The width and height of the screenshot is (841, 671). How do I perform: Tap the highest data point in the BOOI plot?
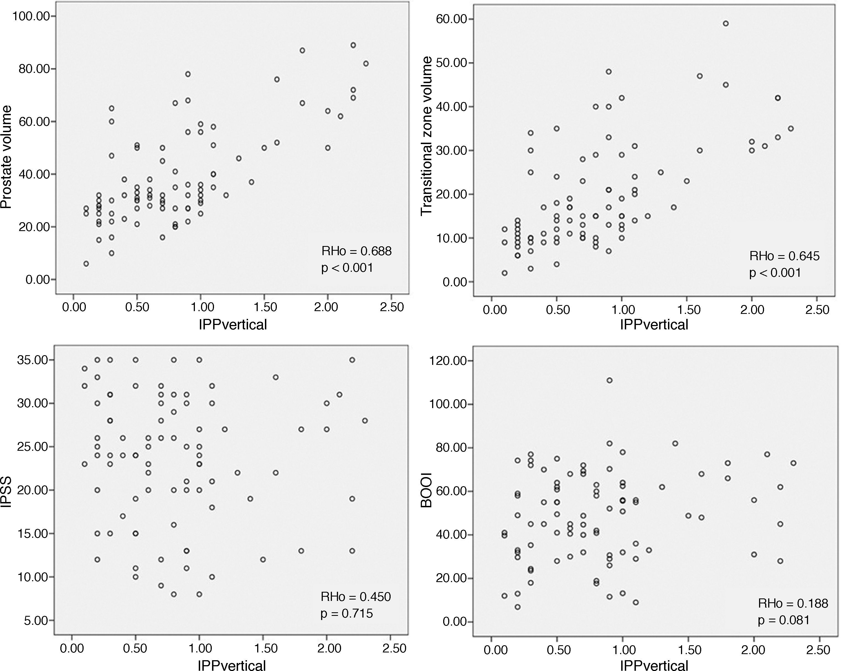click(609, 380)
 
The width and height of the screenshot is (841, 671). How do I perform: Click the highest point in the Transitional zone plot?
click(726, 24)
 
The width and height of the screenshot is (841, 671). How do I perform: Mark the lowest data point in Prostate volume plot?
click(86, 264)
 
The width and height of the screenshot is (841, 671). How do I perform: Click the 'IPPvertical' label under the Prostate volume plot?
click(233, 325)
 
